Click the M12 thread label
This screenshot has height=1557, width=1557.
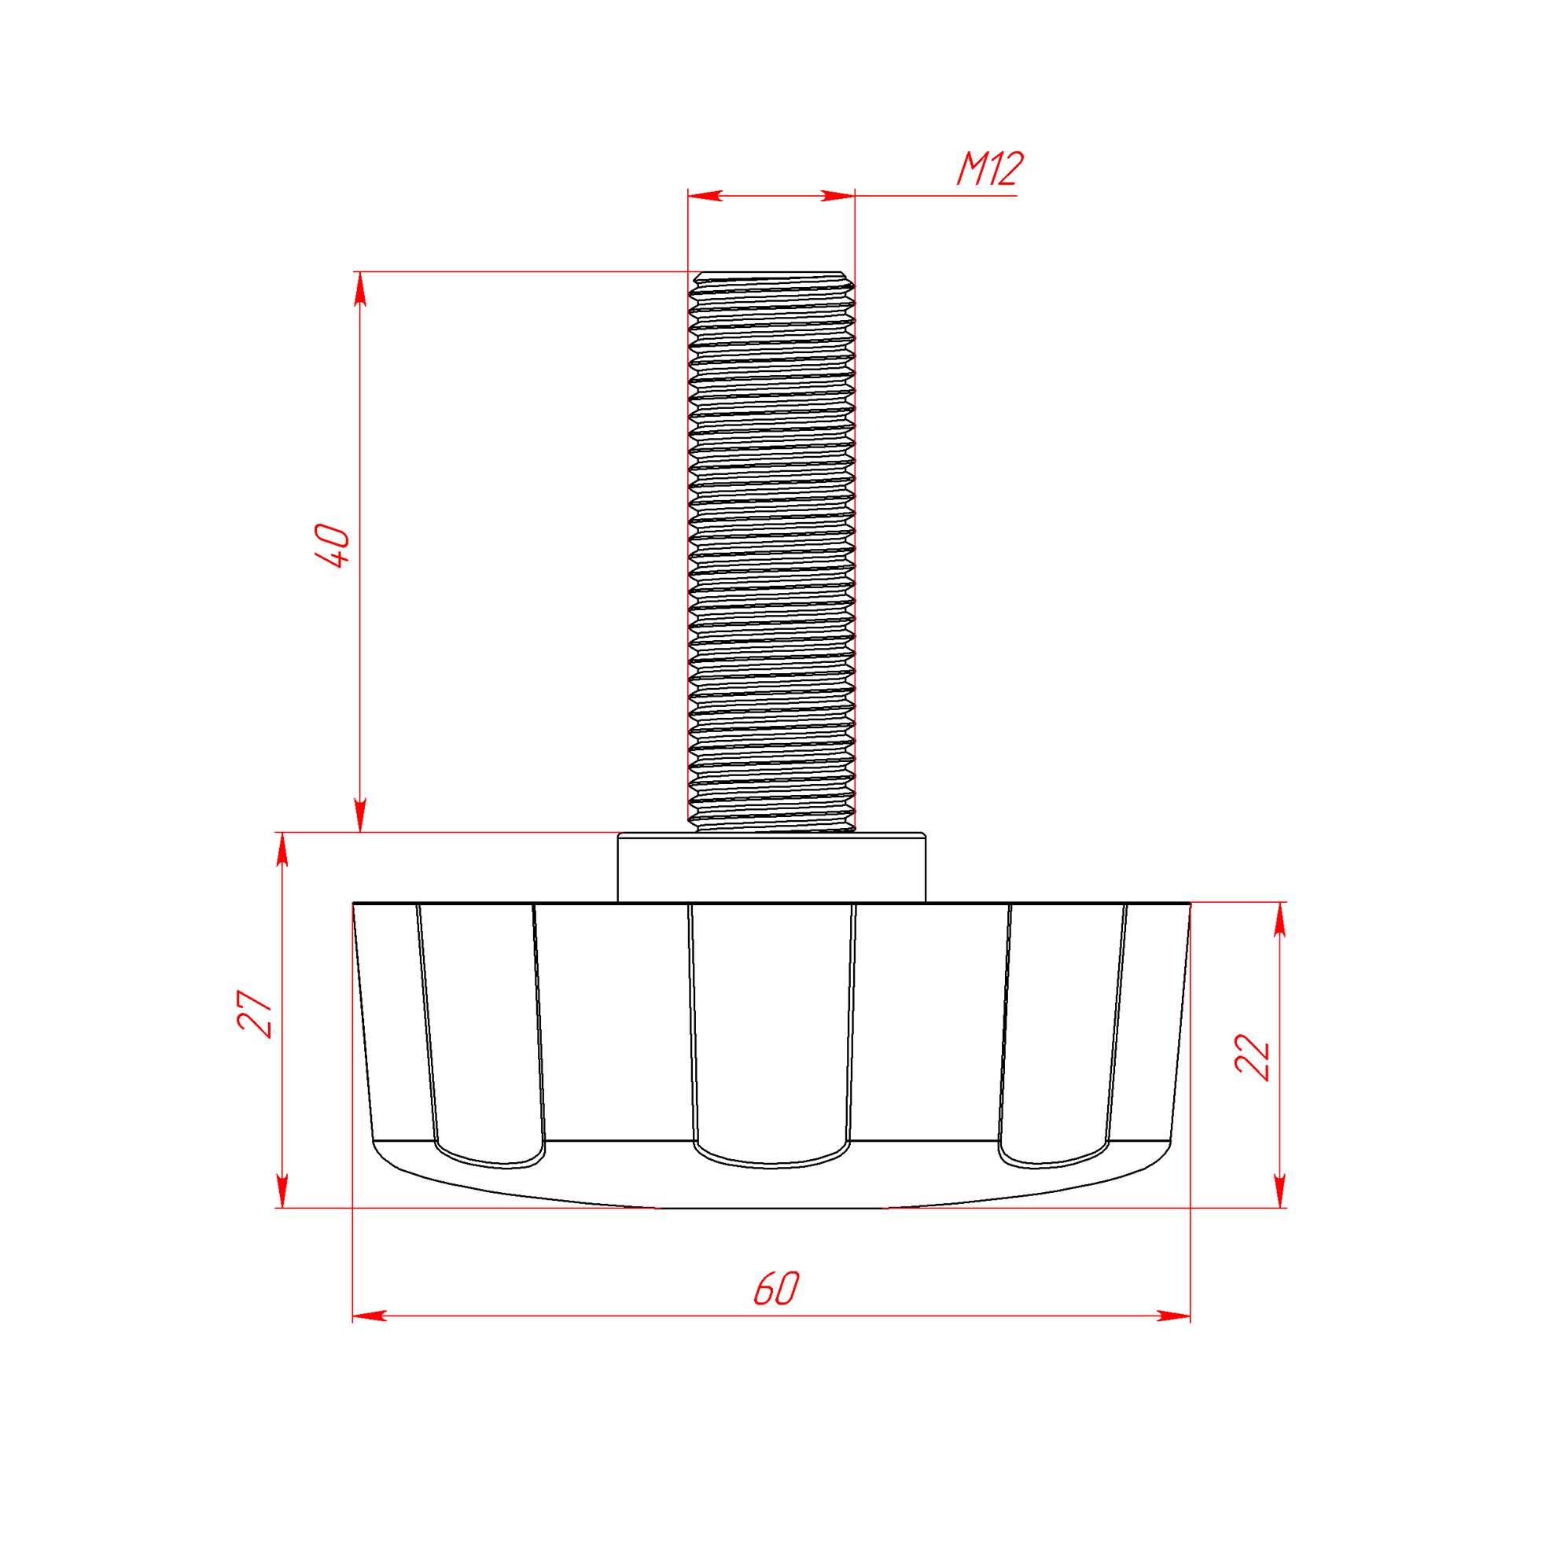click(x=990, y=168)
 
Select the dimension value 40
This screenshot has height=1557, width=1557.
click(x=332, y=546)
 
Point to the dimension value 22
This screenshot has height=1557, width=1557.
click(x=1252, y=1057)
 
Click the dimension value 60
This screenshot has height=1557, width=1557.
click(x=776, y=1289)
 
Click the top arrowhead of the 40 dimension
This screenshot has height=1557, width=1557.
click(x=360, y=289)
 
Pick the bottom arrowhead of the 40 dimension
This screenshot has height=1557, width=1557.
click(x=360, y=815)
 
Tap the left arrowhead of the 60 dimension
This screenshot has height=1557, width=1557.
click(x=370, y=1316)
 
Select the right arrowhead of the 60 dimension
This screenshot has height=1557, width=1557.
click(x=1173, y=1316)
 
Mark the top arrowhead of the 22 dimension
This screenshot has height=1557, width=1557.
click(x=1279, y=919)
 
